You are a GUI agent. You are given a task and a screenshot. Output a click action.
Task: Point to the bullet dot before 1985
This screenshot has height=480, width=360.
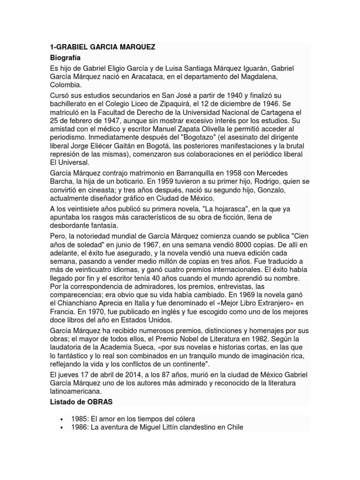coord(62,419)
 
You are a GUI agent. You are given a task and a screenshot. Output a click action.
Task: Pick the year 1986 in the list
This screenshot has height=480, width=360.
coord(80,427)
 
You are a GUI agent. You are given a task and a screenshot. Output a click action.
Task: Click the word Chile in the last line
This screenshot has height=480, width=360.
coord(234,427)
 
